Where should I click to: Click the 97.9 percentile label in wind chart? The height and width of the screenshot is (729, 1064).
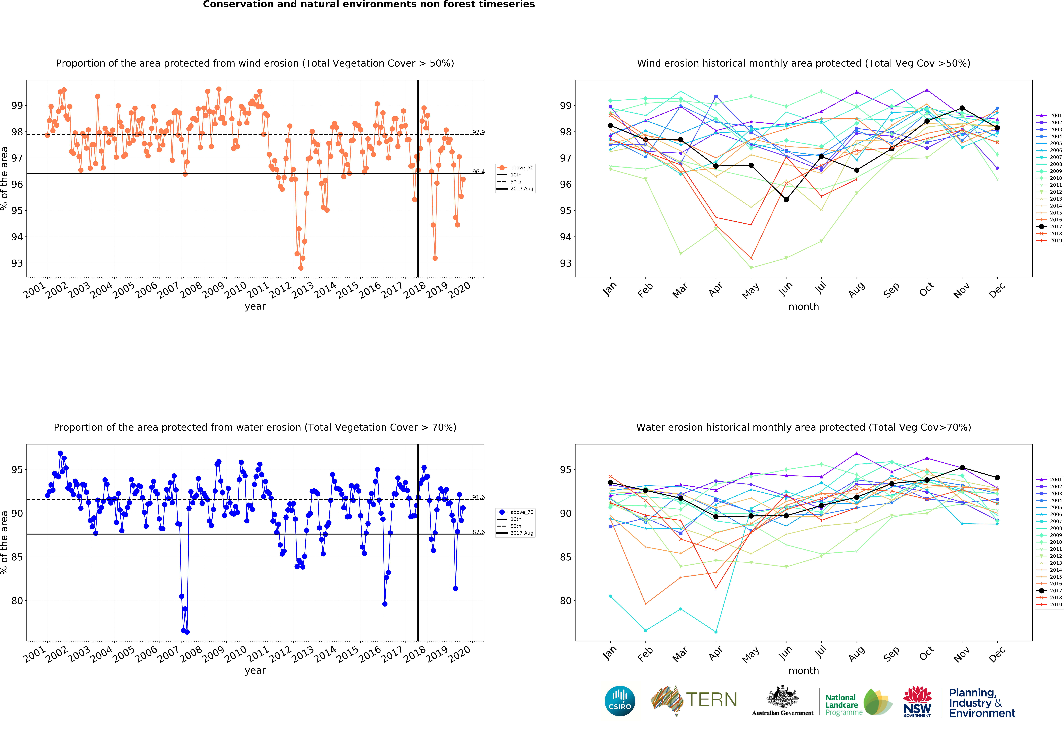(478, 132)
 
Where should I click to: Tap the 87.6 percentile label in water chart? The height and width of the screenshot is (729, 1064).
(478, 532)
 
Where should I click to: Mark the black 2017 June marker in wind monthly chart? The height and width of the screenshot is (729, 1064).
(786, 200)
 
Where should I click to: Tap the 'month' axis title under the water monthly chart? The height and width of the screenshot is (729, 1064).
(803, 670)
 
